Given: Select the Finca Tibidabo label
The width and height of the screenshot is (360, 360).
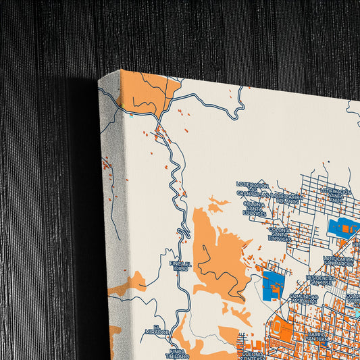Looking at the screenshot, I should click(177, 353).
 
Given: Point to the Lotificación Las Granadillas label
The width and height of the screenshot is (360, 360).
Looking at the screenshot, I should click(253, 189).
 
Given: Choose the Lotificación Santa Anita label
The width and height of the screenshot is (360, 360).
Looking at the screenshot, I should click(336, 195).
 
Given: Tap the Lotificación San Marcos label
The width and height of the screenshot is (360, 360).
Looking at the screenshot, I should click(340, 260).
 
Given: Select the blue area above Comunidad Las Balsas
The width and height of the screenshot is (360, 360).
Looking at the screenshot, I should click(273, 284).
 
